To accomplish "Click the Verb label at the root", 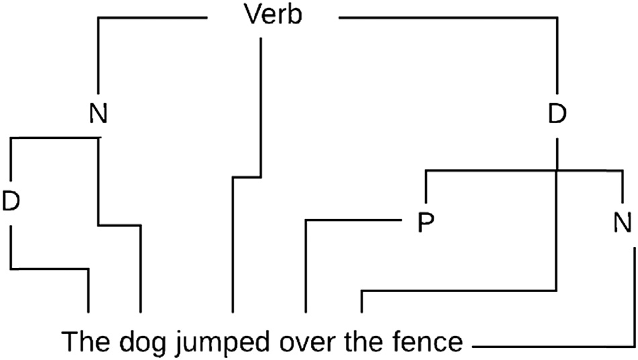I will point(273,16).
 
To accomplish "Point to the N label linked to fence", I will point(622,222).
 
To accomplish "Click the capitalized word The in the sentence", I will point(85,343).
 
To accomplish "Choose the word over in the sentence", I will point(306,343).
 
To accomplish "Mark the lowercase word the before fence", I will point(362,343).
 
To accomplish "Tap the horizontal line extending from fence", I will point(551,347).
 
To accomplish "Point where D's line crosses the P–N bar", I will point(556,171).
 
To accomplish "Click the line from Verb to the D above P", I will point(556,54).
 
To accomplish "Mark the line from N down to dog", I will point(99,181).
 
